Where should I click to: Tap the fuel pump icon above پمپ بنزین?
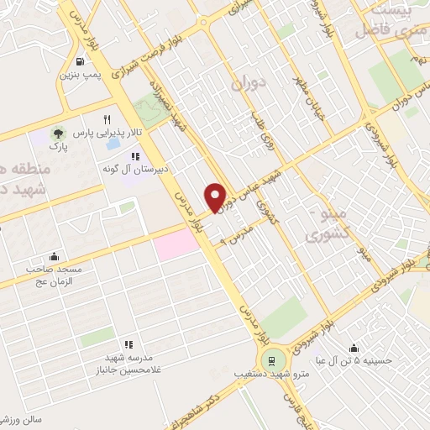point(79,61)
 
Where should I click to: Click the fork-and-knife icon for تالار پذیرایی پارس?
point(107,119)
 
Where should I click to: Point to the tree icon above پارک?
point(58,134)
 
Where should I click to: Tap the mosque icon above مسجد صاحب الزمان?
point(55,256)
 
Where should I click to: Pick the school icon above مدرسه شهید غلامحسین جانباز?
point(128,344)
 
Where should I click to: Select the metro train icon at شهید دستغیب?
point(270,361)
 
